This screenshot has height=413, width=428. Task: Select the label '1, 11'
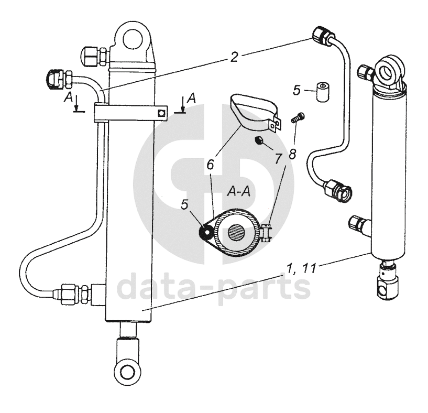302,269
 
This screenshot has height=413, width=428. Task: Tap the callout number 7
278,157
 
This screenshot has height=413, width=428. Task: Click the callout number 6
210,164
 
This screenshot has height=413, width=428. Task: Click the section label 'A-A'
238,192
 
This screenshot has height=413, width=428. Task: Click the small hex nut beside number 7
258,140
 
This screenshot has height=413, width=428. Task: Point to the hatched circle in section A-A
236,230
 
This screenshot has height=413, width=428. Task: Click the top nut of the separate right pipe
321,36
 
